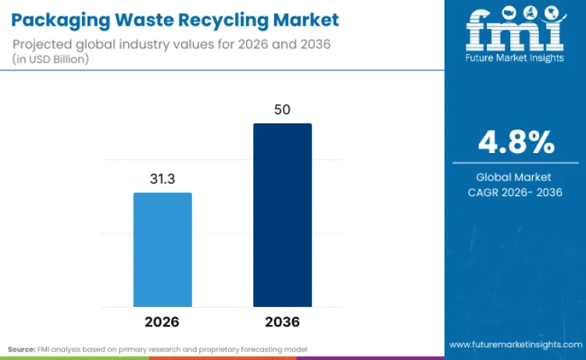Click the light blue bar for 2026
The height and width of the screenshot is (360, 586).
(x=163, y=249)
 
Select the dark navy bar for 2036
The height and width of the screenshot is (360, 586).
(x=282, y=215)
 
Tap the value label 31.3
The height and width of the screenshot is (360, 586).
(x=163, y=179)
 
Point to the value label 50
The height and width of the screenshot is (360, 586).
(x=282, y=109)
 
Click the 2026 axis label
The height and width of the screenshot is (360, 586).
(x=163, y=322)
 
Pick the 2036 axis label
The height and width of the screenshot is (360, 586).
(x=282, y=322)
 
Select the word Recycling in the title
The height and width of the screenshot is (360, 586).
(x=229, y=19)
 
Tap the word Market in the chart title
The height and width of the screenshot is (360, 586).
(x=307, y=19)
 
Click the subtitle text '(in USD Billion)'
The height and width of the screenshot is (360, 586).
(x=53, y=59)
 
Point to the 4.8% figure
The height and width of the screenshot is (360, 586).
(x=516, y=143)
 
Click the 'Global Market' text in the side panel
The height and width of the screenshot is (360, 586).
(x=515, y=177)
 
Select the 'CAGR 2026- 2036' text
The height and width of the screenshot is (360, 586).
(x=515, y=193)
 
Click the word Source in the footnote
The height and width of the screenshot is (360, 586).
(x=23, y=348)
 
